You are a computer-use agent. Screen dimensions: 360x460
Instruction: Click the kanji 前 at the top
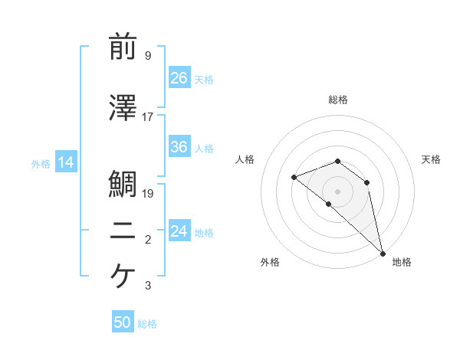point(123,47)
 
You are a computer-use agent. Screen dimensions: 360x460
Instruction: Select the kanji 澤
point(123,109)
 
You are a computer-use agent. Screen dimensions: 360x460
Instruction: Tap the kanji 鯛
point(123,184)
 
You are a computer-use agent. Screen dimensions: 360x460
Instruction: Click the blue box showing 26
point(179,78)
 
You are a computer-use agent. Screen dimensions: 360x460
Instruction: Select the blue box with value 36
point(179,147)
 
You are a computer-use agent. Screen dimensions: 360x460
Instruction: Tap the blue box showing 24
point(179,231)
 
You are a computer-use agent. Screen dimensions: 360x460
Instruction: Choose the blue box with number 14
point(65,162)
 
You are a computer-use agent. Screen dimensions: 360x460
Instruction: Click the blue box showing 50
point(123,322)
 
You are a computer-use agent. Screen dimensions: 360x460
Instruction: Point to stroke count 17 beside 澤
point(148,117)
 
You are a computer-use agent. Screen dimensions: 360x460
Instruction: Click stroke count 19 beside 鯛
point(148,194)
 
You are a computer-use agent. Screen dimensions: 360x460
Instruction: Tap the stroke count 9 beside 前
point(148,56)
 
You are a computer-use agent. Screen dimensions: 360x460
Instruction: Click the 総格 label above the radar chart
point(337,100)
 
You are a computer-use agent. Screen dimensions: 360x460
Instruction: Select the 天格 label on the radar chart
point(431,159)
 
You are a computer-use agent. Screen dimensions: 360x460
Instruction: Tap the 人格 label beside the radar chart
point(245,159)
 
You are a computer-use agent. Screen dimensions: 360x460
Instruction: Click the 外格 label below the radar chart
point(269,262)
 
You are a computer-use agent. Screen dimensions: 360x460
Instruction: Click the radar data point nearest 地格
point(383,253)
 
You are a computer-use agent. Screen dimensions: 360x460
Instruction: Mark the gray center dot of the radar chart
point(337,191)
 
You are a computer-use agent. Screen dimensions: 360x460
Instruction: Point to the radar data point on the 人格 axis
point(294,177)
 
